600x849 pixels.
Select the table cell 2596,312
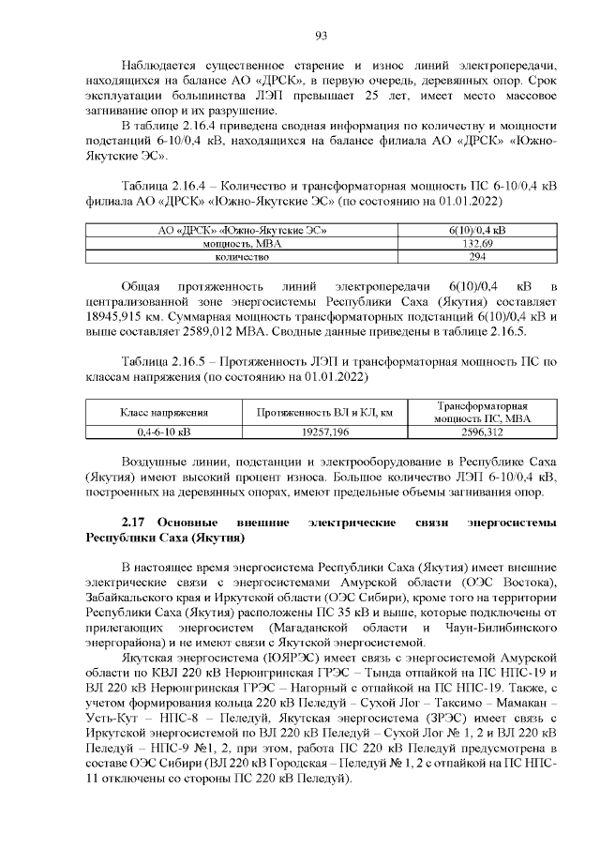pos(483,432)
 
